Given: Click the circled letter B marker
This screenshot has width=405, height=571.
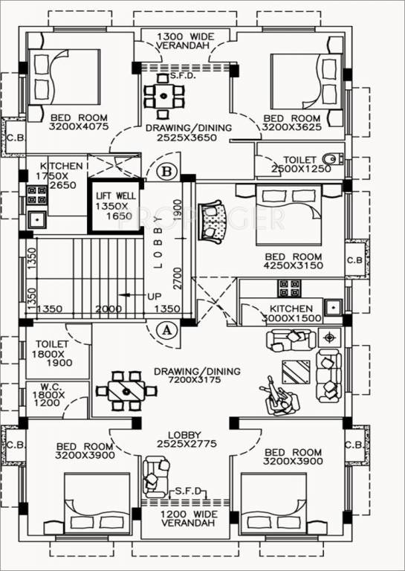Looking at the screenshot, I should pos(168,172).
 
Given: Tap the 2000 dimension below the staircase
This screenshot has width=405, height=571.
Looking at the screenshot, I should pos(108,309).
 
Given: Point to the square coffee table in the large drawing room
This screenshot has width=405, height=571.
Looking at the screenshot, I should pos(297,372).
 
